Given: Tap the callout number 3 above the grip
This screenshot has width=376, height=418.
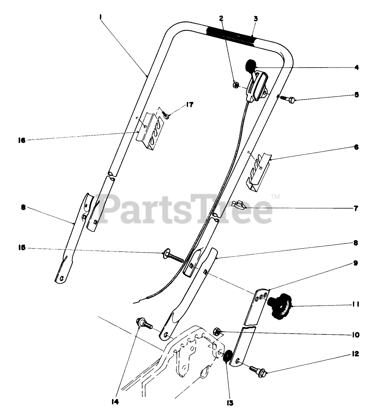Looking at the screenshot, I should click(x=256, y=19).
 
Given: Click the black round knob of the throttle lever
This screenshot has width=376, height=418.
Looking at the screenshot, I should click(x=250, y=65).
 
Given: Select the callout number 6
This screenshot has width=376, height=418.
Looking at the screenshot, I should click(x=356, y=148).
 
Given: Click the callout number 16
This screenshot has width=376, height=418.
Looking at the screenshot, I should click(x=21, y=140).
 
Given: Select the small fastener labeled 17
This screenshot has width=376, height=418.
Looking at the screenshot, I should click(x=166, y=116).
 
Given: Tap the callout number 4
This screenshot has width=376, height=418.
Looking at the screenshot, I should click(x=356, y=68).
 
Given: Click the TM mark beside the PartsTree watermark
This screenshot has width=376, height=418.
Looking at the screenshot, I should click(x=275, y=197).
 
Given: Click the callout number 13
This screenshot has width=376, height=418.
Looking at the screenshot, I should click(x=230, y=403).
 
